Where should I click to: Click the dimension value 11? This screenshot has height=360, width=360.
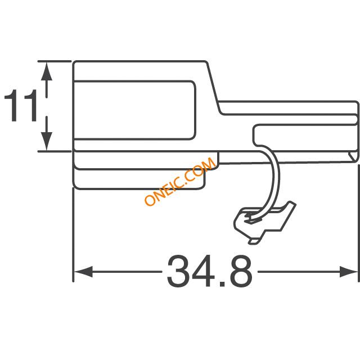(x=21, y=105)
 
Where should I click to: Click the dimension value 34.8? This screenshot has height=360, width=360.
(x=209, y=271)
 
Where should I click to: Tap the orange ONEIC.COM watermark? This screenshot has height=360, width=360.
(x=180, y=181)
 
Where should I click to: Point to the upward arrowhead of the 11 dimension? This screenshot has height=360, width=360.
(x=47, y=71)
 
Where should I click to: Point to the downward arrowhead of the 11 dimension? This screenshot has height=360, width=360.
(x=47, y=142)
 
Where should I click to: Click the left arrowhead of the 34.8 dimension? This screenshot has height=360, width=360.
(x=83, y=272)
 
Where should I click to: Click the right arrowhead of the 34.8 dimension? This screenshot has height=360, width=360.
(x=349, y=272)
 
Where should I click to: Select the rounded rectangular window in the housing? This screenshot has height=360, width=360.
(x=134, y=110)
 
